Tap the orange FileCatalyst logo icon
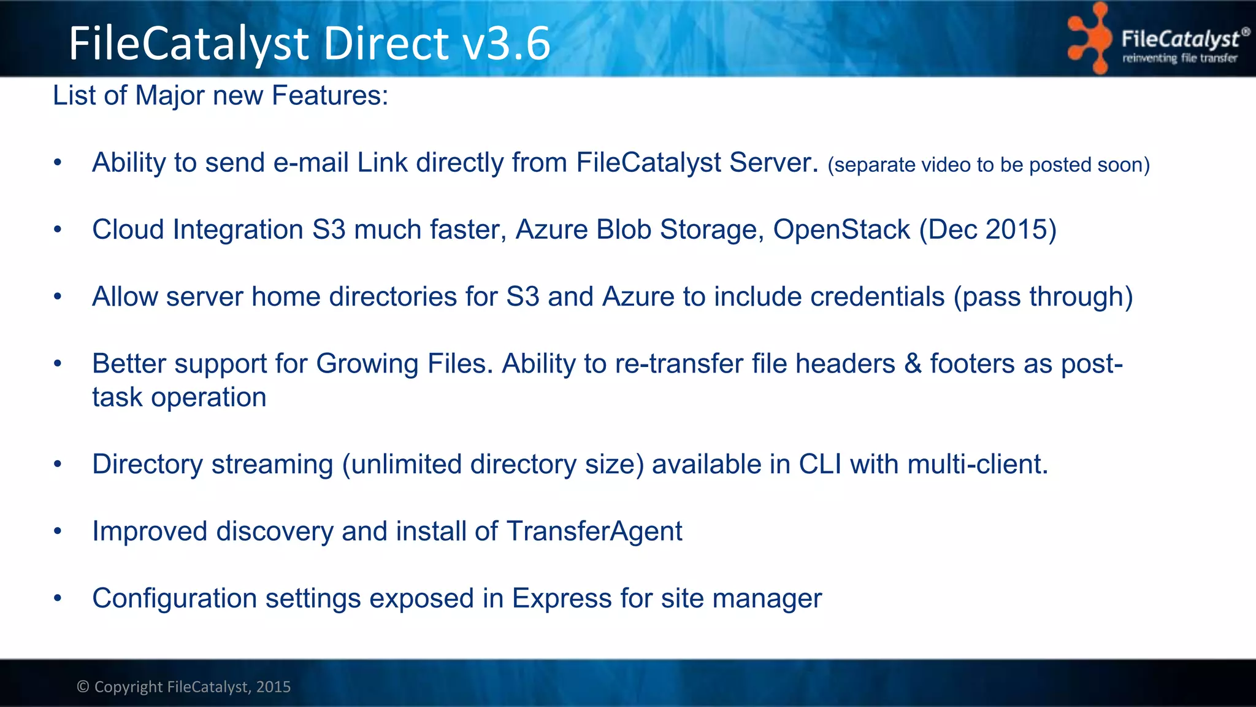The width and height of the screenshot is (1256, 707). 1090,38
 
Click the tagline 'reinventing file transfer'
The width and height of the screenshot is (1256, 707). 1179,59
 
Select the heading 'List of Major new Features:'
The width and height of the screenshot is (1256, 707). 220,96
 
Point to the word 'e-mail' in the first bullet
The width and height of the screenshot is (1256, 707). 311,163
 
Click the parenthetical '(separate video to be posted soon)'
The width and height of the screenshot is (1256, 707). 988,165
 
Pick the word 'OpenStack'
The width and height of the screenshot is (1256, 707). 841,230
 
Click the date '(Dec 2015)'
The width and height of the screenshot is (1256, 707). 987,230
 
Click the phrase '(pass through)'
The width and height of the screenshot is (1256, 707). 1043,296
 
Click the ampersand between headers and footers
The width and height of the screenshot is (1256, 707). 913,363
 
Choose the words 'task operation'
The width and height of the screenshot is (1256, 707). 179,397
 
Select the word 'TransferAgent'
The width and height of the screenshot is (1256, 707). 594,531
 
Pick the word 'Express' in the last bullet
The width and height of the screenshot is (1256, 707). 562,598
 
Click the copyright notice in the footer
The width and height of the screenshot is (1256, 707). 183,687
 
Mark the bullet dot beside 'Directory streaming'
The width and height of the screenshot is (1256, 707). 58,464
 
